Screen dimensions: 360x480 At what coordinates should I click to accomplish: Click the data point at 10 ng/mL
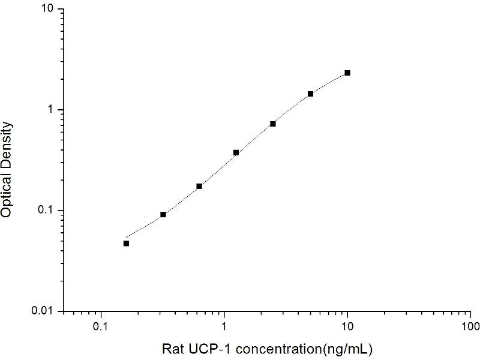coord(347,73)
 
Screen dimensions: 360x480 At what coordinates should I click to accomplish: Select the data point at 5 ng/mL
coord(310,94)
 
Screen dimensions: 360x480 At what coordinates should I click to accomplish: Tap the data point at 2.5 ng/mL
coord(273,124)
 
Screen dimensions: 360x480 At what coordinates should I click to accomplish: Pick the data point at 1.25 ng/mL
coord(236,152)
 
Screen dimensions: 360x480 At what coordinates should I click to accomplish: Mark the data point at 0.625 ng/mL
coord(199,186)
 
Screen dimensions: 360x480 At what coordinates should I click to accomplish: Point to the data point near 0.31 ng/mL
coord(163,214)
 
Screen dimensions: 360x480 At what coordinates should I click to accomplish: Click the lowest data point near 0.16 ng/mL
coord(126,243)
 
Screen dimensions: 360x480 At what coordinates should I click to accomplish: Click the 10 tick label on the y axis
coord(47,10)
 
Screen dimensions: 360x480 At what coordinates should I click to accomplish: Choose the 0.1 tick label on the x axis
coord(101,328)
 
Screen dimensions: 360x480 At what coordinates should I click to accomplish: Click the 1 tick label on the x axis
coord(224,328)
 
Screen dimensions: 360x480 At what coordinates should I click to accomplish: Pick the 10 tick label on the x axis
coord(347,328)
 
